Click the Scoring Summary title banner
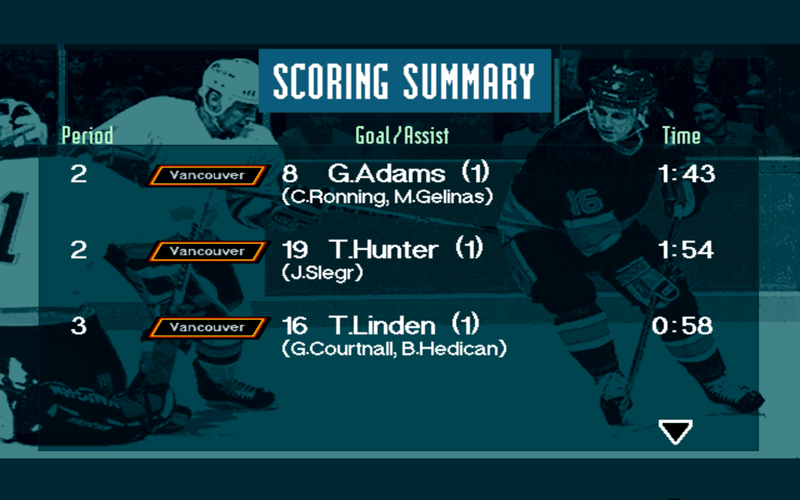[x=404, y=81]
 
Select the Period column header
[x=87, y=136]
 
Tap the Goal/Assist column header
[x=402, y=136]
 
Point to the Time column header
[x=681, y=136]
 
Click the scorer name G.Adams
[x=386, y=174]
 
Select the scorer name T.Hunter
[x=384, y=250]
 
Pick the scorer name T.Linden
[x=382, y=326]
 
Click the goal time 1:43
[x=686, y=174]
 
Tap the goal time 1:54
[x=686, y=250]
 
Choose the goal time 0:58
[x=682, y=326]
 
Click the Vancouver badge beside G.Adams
[x=207, y=176]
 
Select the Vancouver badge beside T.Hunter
[x=207, y=252]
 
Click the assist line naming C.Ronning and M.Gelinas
[x=387, y=197]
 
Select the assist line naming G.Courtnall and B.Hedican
[x=394, y=349]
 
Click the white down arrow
[x=675, y=431]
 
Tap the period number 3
[x=79, y=326]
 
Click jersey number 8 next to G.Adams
[x=289, y=174]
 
